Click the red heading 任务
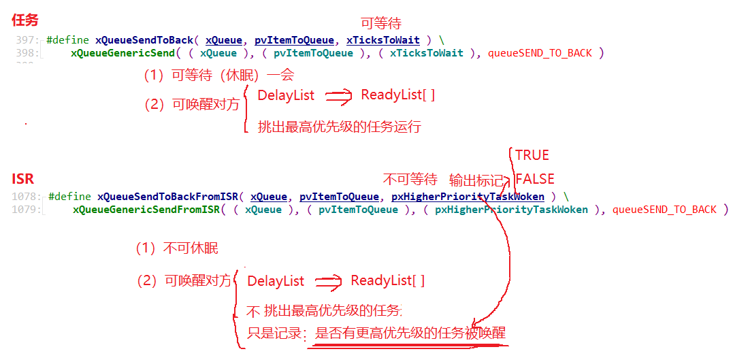25,20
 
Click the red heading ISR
22,179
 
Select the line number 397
27,40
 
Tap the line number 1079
27,210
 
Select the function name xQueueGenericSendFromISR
146,210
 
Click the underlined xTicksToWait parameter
382,40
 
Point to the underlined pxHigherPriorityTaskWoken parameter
468,197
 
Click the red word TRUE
532,154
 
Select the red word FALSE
534,180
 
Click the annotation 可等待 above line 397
380,24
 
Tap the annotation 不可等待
410,180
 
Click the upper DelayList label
286,96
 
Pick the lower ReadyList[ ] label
387,280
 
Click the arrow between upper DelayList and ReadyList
338,97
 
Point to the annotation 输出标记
476,180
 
